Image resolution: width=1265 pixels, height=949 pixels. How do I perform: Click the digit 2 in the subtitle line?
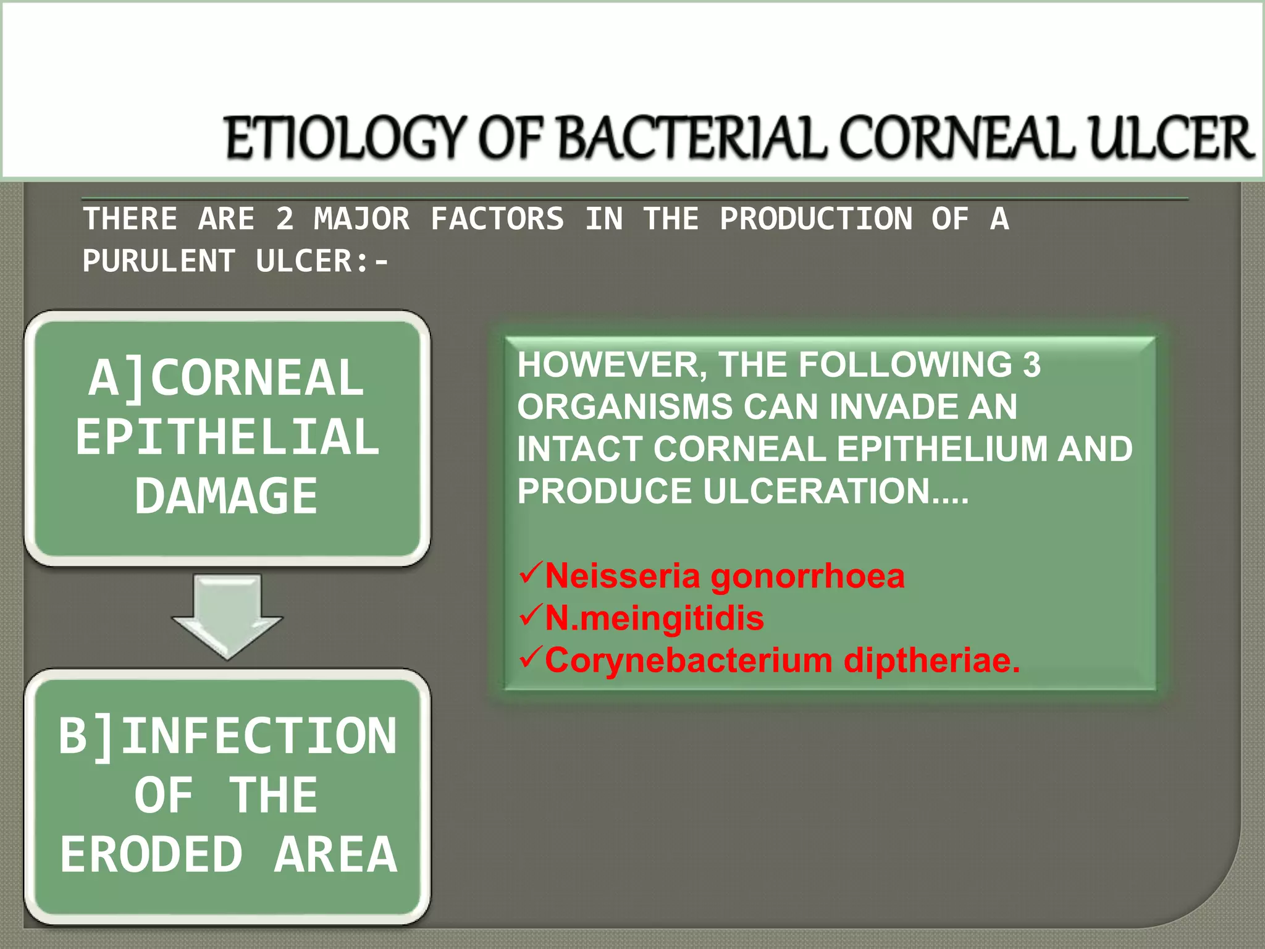284,219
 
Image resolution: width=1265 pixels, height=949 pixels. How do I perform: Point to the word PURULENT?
159,261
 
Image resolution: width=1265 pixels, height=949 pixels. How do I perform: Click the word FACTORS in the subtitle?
497,219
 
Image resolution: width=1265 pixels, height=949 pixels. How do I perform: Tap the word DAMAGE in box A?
226,496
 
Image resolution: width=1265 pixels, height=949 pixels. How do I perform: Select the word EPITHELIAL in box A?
227,437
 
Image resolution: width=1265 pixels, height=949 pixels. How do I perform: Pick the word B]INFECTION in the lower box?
227,736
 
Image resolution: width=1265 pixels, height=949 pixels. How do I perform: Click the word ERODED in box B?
151,854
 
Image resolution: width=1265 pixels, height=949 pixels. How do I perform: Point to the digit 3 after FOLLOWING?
1032,365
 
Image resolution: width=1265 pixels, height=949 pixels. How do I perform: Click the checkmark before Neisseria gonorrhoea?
530,573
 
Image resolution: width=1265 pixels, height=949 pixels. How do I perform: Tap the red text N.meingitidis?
654,618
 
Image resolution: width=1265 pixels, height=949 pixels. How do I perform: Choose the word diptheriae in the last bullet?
931,660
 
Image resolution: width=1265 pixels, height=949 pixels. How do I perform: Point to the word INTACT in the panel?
581,449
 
